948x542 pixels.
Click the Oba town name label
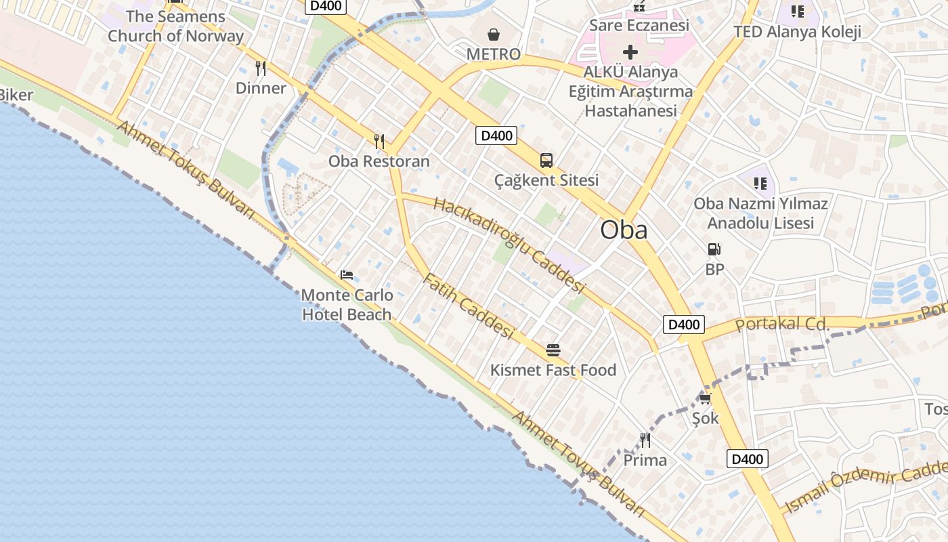624,230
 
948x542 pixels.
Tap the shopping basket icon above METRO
494,34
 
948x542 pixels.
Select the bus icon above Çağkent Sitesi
546,161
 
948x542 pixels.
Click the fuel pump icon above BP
714,249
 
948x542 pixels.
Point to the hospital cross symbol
630,51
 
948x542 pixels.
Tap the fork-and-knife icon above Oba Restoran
379,141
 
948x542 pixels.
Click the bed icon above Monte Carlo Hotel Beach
347,275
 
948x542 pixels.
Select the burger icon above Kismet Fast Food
553,350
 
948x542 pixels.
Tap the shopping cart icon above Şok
705,398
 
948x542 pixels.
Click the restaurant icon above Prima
645,440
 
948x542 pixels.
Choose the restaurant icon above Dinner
261,68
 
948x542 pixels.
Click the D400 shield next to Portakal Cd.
683,325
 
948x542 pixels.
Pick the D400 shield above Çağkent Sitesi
496,135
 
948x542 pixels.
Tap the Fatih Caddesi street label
468,306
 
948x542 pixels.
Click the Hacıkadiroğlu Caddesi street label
509,245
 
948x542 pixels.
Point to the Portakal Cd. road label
782,324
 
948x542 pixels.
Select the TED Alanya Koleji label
797,32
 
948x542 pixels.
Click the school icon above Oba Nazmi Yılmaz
760,183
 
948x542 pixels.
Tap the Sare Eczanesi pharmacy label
639,25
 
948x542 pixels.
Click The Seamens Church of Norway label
175,26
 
